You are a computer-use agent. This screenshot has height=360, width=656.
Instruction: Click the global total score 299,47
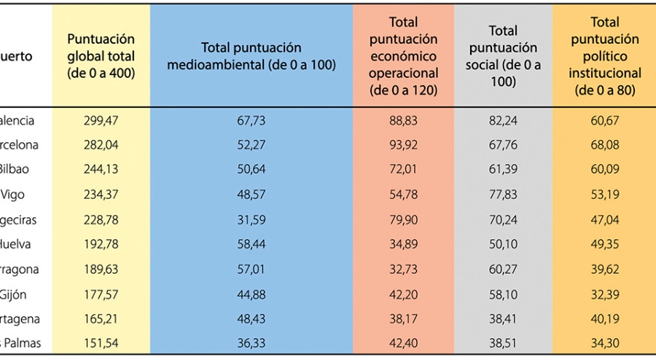[101, 120]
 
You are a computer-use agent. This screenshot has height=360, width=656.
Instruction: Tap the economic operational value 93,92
[403, 145]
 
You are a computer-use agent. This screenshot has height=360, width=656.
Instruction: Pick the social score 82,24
[503, 120]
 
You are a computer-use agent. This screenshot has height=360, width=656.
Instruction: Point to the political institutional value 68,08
[605, 145]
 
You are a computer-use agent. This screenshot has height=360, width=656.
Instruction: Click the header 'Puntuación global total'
[101, 55]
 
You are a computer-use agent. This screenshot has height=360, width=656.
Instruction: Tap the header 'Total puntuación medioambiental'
[251, 55]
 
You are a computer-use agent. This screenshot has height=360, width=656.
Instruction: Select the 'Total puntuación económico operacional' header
[403, 56]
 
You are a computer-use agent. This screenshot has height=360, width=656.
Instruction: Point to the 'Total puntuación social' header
[503, 56]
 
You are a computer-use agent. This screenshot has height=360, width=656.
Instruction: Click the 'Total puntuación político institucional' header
[605, 56]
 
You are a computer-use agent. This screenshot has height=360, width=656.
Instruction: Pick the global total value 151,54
[101, 343]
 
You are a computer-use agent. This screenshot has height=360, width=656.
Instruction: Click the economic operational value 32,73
[403, 269]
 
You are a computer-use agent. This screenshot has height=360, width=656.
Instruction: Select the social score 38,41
[503, 318]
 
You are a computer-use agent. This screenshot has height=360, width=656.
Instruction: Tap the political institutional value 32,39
[605, 294]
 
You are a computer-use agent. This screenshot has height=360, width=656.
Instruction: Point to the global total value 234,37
[101, 195]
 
